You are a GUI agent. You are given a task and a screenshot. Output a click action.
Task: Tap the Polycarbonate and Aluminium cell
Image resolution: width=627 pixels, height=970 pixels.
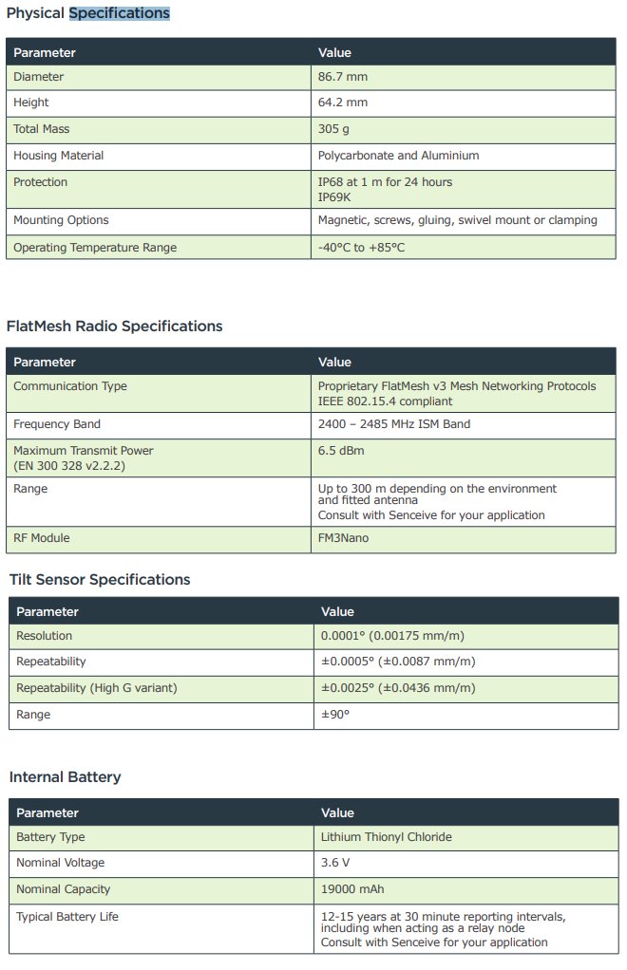398,156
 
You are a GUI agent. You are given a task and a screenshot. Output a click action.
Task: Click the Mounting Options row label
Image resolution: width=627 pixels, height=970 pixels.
61,220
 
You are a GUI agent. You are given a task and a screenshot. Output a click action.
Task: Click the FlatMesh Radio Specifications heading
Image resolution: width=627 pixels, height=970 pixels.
114,326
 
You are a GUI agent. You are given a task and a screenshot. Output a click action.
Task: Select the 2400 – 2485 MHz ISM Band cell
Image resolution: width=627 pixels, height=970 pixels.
393,424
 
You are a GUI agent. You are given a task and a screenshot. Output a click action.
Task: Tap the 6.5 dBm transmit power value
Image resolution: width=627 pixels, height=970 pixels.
341,451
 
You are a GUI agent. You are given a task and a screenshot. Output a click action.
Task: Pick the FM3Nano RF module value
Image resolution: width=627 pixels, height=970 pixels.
343,538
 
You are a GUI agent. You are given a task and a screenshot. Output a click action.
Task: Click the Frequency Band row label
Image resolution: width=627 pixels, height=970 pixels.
57,424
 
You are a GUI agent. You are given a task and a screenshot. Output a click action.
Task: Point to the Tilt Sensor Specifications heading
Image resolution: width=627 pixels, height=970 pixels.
100,580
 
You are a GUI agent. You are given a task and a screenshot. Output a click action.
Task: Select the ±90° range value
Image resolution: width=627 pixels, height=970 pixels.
335,714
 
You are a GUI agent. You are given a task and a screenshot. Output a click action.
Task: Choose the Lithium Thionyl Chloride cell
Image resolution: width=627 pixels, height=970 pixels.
386,837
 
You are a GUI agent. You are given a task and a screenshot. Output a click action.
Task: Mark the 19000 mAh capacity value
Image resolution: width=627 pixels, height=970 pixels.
349,889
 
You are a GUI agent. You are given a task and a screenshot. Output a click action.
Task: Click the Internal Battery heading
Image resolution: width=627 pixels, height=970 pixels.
65,777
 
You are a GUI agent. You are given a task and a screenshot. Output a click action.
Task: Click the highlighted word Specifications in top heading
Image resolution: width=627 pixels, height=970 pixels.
119,14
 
